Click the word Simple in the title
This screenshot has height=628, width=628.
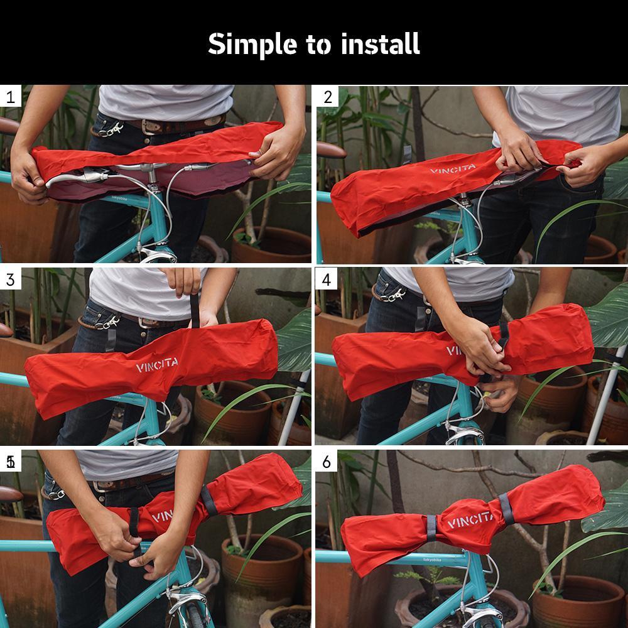[244, 44]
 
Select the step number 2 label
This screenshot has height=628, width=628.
[327, 97]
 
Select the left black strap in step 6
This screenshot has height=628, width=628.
[431, 528]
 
